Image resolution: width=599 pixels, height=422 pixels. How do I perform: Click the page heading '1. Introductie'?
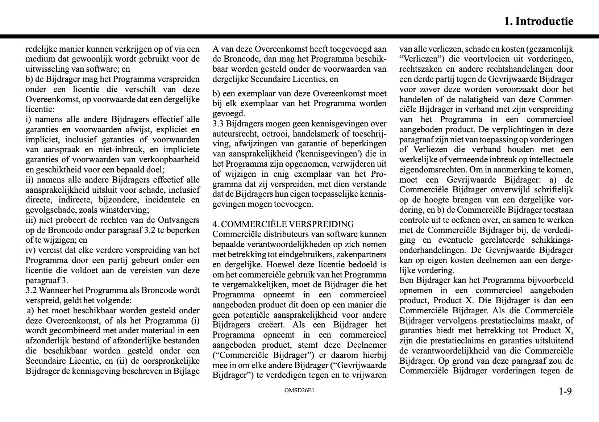click(538, 21)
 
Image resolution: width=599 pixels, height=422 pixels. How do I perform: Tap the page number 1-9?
click(565, 392)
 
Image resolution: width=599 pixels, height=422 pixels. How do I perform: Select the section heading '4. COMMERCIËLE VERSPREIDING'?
click(283, 224)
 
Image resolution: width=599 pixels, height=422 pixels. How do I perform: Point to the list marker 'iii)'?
click(30, 220)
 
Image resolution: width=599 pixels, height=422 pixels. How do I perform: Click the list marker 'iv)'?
click(30, 250)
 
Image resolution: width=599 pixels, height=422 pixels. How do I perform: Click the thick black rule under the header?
click(299, 37)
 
